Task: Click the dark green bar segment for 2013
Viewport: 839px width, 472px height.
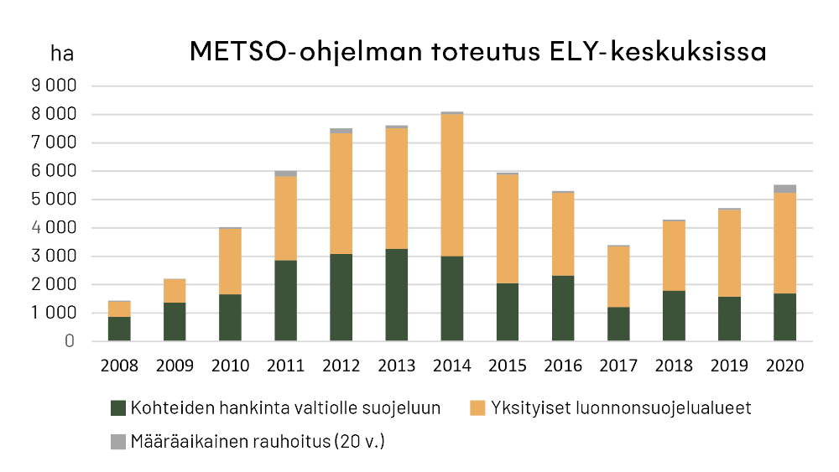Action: coord(397,294)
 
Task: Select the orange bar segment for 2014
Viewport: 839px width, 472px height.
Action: coord(452,184)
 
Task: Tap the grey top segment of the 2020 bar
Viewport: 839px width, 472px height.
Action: coord(784,189)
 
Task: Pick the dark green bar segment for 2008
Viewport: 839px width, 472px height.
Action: coord(120,329)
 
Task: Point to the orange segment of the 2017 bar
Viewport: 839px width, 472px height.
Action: coord(618,276)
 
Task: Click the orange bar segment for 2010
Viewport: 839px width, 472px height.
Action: coord(231,261)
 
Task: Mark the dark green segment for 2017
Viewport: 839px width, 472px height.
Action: coord(618,324)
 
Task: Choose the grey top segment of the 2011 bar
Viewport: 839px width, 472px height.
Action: coord(286,174)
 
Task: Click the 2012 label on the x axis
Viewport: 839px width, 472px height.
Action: coord(341,366)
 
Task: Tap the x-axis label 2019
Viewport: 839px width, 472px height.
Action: coord(729,366)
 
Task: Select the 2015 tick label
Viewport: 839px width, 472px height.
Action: coord(508,366)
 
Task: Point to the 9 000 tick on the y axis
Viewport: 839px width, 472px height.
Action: coord(53,86)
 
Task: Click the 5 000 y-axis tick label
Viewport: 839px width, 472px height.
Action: coord(53,200)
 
